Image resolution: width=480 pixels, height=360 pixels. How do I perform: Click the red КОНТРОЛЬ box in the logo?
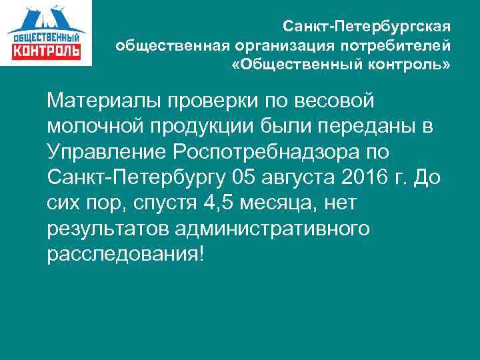(x=46, y=51)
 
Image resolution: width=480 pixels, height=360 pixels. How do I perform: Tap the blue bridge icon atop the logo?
(x=47, y=17)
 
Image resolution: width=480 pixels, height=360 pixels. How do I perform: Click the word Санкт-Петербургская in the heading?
(x=367, y=27)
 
